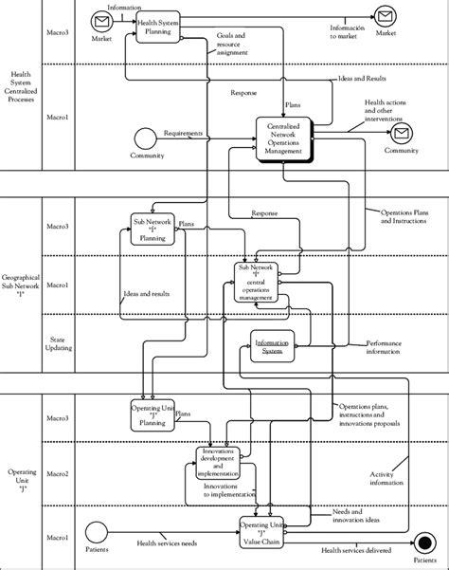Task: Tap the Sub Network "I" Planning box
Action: tap(153, 228)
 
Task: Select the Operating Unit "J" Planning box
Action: tap(153, 414)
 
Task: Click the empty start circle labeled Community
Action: tap(144, 137)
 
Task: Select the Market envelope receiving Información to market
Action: tap(385, 15)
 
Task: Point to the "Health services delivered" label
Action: tap(356, 551)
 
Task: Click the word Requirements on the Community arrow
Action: tap(184, 134)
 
